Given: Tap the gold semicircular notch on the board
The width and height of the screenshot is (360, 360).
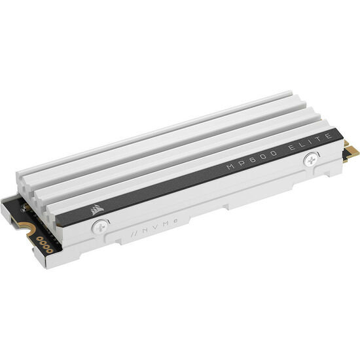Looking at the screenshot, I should pos(28,227).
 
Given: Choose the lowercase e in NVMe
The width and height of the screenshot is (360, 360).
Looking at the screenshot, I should pos(156,227).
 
